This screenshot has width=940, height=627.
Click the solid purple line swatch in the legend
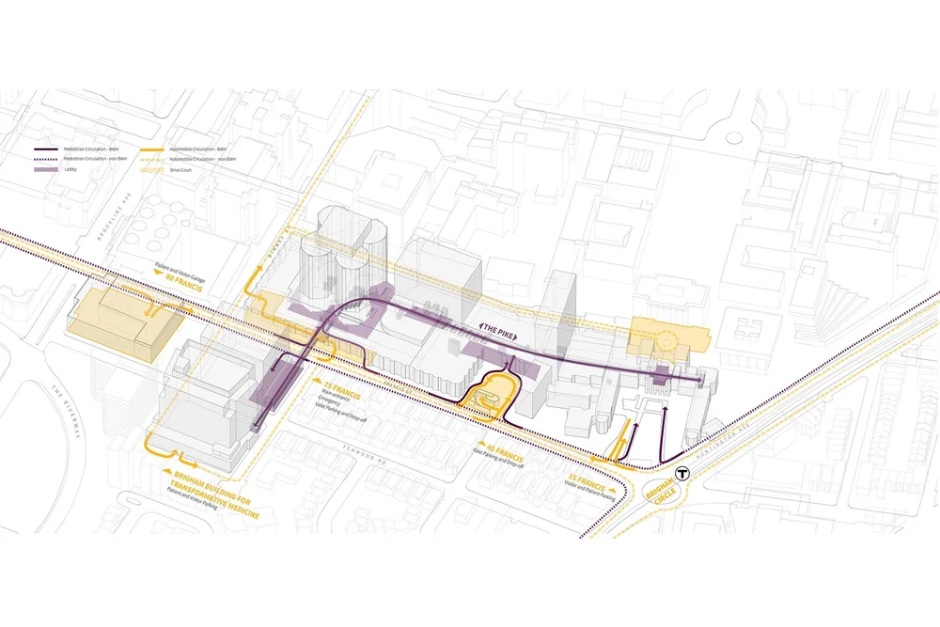click(47, 149)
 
